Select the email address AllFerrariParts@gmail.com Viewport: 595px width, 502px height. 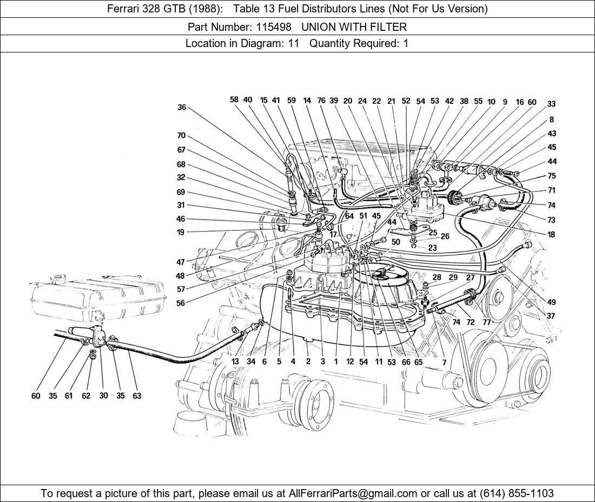pyautogui.click(x=353, y=493)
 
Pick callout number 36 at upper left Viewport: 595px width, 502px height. pyautogui.click(x=182, y=108)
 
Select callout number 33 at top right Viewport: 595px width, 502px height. pyautogui.click(x=551, y=104)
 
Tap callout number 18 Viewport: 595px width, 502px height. pyautogui.click(x=551, y=235)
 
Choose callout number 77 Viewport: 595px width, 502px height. pyautogui.click(x=487, y=322)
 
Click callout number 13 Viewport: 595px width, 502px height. pyautogui.click(x=235, y=361)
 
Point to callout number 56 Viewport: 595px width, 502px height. pyautogui.click(x=181, y=303)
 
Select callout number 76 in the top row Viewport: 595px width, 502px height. pyautogui.click(x=321, y=101)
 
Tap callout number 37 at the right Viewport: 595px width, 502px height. pyautogui.click(x=551, y=316)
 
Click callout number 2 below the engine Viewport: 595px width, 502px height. pyautogui.click(x=308, y=361)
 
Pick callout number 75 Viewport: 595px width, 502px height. pyautogui.click(x=551, y=176)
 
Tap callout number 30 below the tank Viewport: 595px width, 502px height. pyautogui.click(x=103, y=396)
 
